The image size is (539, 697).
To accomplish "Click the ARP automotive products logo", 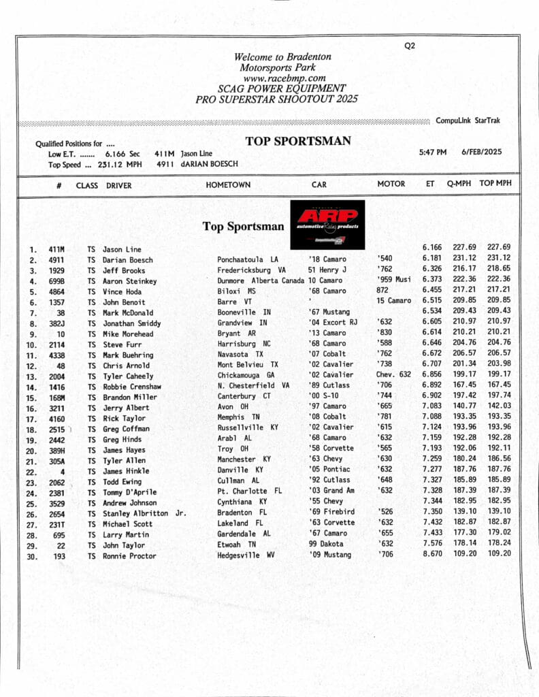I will coord(327,224).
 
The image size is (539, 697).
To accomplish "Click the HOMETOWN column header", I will coord(228,184).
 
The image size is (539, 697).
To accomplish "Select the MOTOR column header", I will coord(391,184).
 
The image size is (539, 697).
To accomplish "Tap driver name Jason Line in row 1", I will coord(122,249).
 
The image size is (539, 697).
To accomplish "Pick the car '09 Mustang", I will coord(330,555).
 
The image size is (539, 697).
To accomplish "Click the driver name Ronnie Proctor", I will coord(129,555).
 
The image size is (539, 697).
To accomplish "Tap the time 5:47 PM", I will coord(433,152).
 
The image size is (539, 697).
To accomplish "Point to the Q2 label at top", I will coord(410,46).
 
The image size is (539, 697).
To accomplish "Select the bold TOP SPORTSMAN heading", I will coord(298,142).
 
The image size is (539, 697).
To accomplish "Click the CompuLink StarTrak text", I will coord(468,120).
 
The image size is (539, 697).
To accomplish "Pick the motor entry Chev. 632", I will coord(394,375).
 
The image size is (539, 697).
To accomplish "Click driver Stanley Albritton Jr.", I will coord(144,513).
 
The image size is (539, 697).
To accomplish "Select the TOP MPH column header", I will coord(495,184).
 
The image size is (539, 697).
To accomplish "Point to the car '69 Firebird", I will coord(331,512).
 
